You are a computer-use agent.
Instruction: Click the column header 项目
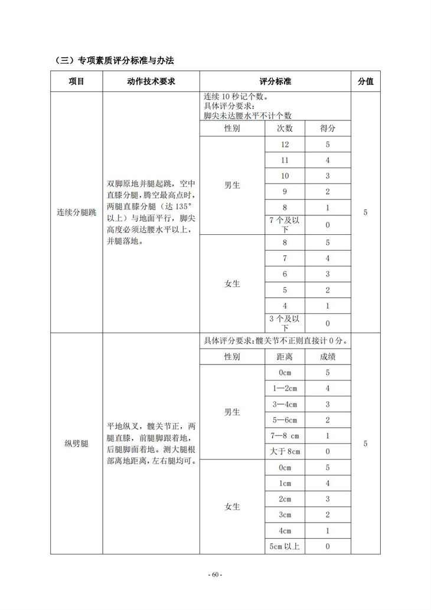76,81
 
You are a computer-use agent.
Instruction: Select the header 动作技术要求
151,81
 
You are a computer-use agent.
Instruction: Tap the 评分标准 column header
275,81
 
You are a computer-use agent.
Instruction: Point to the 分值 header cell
365,81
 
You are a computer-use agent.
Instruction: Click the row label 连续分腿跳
76,212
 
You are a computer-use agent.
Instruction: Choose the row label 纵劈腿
76,444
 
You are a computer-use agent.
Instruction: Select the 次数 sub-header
285,129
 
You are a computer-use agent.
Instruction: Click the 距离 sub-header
285,357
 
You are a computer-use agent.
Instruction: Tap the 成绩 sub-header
328,357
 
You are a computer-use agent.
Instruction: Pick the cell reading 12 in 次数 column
285,145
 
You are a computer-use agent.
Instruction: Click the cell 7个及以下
285,224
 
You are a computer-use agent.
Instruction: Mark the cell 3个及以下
285,323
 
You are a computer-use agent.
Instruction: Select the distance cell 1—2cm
285,388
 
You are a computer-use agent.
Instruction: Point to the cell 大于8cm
285,451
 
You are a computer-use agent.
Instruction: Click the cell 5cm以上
285,546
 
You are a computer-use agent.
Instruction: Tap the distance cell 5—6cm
285,420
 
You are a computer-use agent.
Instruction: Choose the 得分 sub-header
328,129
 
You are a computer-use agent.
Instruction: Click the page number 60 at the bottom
215,575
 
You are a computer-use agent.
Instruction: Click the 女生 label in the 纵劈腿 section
232,507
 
